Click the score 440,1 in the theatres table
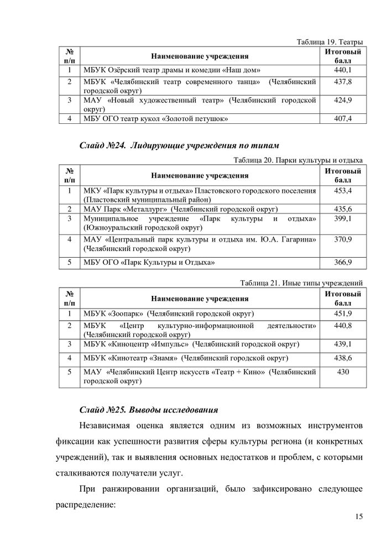pyautogui.click(x=343, y=70)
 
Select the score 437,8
pyautogui.click(x=343, y=82)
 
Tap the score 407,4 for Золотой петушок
pyautogui.click(x=343, y=118)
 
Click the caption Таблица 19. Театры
pyautogui.click(x=329, y=41)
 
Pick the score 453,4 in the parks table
pyautogui.click(x=343, y=191)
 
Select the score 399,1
pyautogui.click(x=343, y=219)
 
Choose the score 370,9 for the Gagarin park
pyautogui.click(x=343, y=239)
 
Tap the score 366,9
pyautogui.click(x=343, y=262)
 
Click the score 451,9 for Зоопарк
pyautogui.click(x=343, y=314)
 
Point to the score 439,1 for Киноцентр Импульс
pyautogui.click(x=343, y=344)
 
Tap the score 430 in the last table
pyautogui.click(x=343, y=372)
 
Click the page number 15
pyautogui.click(x=358, y=517)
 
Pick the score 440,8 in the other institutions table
pyautogui.click(x=343, y=326)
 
